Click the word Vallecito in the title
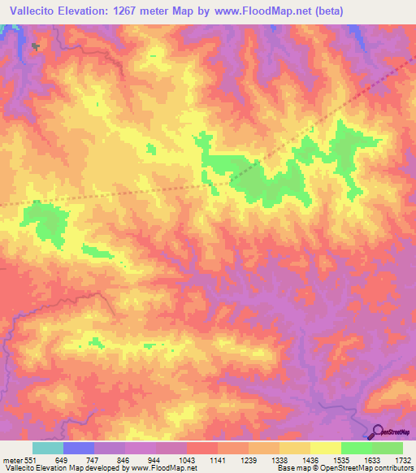tap(32, 11)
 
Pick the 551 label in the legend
tap(31, 459)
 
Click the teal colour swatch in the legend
tap(48, 448)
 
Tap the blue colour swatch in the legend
tap(79, 448)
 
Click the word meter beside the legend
tap(11, 459)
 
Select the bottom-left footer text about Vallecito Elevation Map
tap(98, 468)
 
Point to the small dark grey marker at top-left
tap(35, 46)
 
